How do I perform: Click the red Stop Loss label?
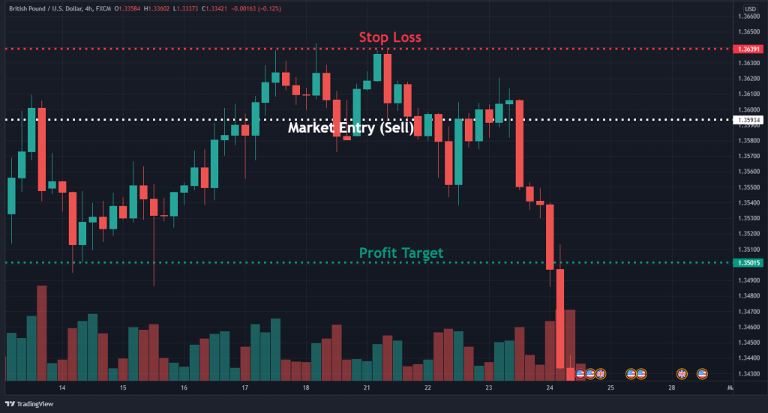(389, 37)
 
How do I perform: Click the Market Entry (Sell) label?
(351, 127)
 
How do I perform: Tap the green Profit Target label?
(401, 253)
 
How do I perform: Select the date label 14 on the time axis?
(62, 388)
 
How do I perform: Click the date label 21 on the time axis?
(367, 388)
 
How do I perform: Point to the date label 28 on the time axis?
(672, 388)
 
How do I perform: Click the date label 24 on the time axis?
(550, 388)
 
